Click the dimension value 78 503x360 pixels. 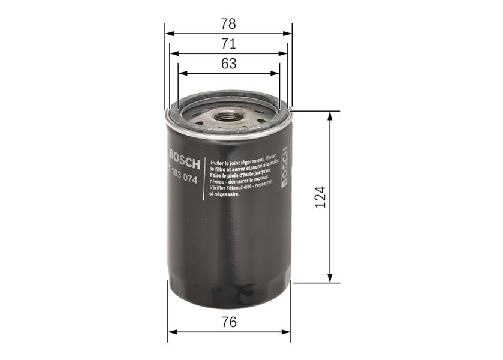228,25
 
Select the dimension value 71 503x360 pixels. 228,44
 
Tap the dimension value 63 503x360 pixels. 228,63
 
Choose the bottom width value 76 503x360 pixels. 228,322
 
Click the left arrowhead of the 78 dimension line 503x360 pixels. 168,34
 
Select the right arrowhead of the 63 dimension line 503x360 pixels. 275,73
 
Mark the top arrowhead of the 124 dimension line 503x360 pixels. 329,115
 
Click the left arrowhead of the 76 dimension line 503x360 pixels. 172,331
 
